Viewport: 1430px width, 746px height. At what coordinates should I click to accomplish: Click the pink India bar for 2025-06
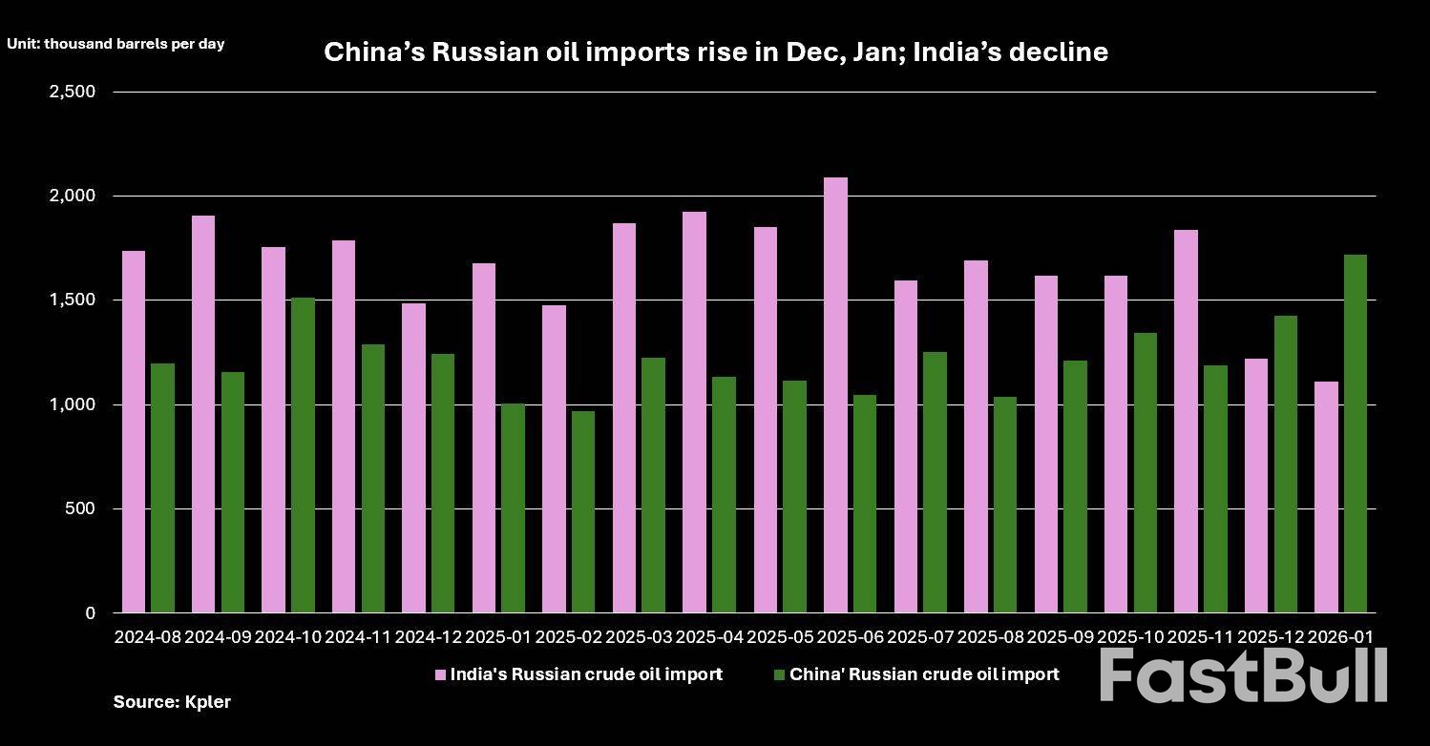point(835,395)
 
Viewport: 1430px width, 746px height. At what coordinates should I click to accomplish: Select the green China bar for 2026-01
point(1356,434)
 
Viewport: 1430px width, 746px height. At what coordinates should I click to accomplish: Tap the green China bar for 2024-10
point(303,455)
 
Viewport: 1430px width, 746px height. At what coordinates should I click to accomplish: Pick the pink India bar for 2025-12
point(1255,486)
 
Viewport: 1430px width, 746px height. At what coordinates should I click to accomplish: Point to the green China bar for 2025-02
point(583,512)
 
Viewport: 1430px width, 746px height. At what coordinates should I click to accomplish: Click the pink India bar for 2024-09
point(203,414)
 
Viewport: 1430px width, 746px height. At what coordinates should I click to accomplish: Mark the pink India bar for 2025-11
point(1186,421)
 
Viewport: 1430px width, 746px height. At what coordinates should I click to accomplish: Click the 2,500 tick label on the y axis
point(72,92)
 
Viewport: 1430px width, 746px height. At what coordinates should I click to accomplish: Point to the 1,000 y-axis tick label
point(72,404)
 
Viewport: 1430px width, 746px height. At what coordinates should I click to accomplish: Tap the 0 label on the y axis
point(91,613)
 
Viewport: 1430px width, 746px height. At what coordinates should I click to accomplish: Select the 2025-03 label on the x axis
point(640,636)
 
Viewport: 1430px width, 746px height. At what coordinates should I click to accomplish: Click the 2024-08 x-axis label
point(148,636)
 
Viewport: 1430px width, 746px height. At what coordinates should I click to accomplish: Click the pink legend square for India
point(440,675)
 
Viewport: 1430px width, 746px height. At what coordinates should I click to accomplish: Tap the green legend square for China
point(779,675)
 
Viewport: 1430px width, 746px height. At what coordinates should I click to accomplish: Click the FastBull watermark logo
point(1243,675)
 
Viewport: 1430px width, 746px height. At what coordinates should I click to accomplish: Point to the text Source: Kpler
point(172,702)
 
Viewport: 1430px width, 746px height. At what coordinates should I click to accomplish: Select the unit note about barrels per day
point(116,44)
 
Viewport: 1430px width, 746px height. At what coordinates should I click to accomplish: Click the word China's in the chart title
point(373,52)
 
